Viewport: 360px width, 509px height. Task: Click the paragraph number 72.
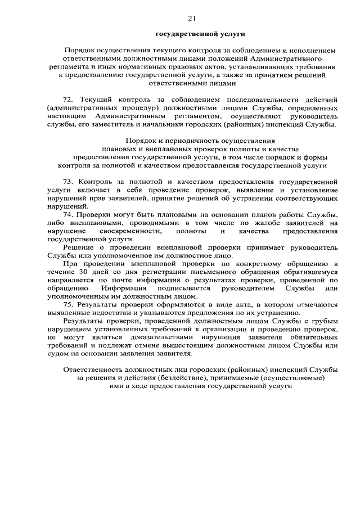pos(69,99)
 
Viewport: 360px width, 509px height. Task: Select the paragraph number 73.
pos(69,183)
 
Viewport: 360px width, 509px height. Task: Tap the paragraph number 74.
pos(69,215)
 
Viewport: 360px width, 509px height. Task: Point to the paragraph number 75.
pos(69,304)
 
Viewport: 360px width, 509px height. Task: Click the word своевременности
pos(130,231)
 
